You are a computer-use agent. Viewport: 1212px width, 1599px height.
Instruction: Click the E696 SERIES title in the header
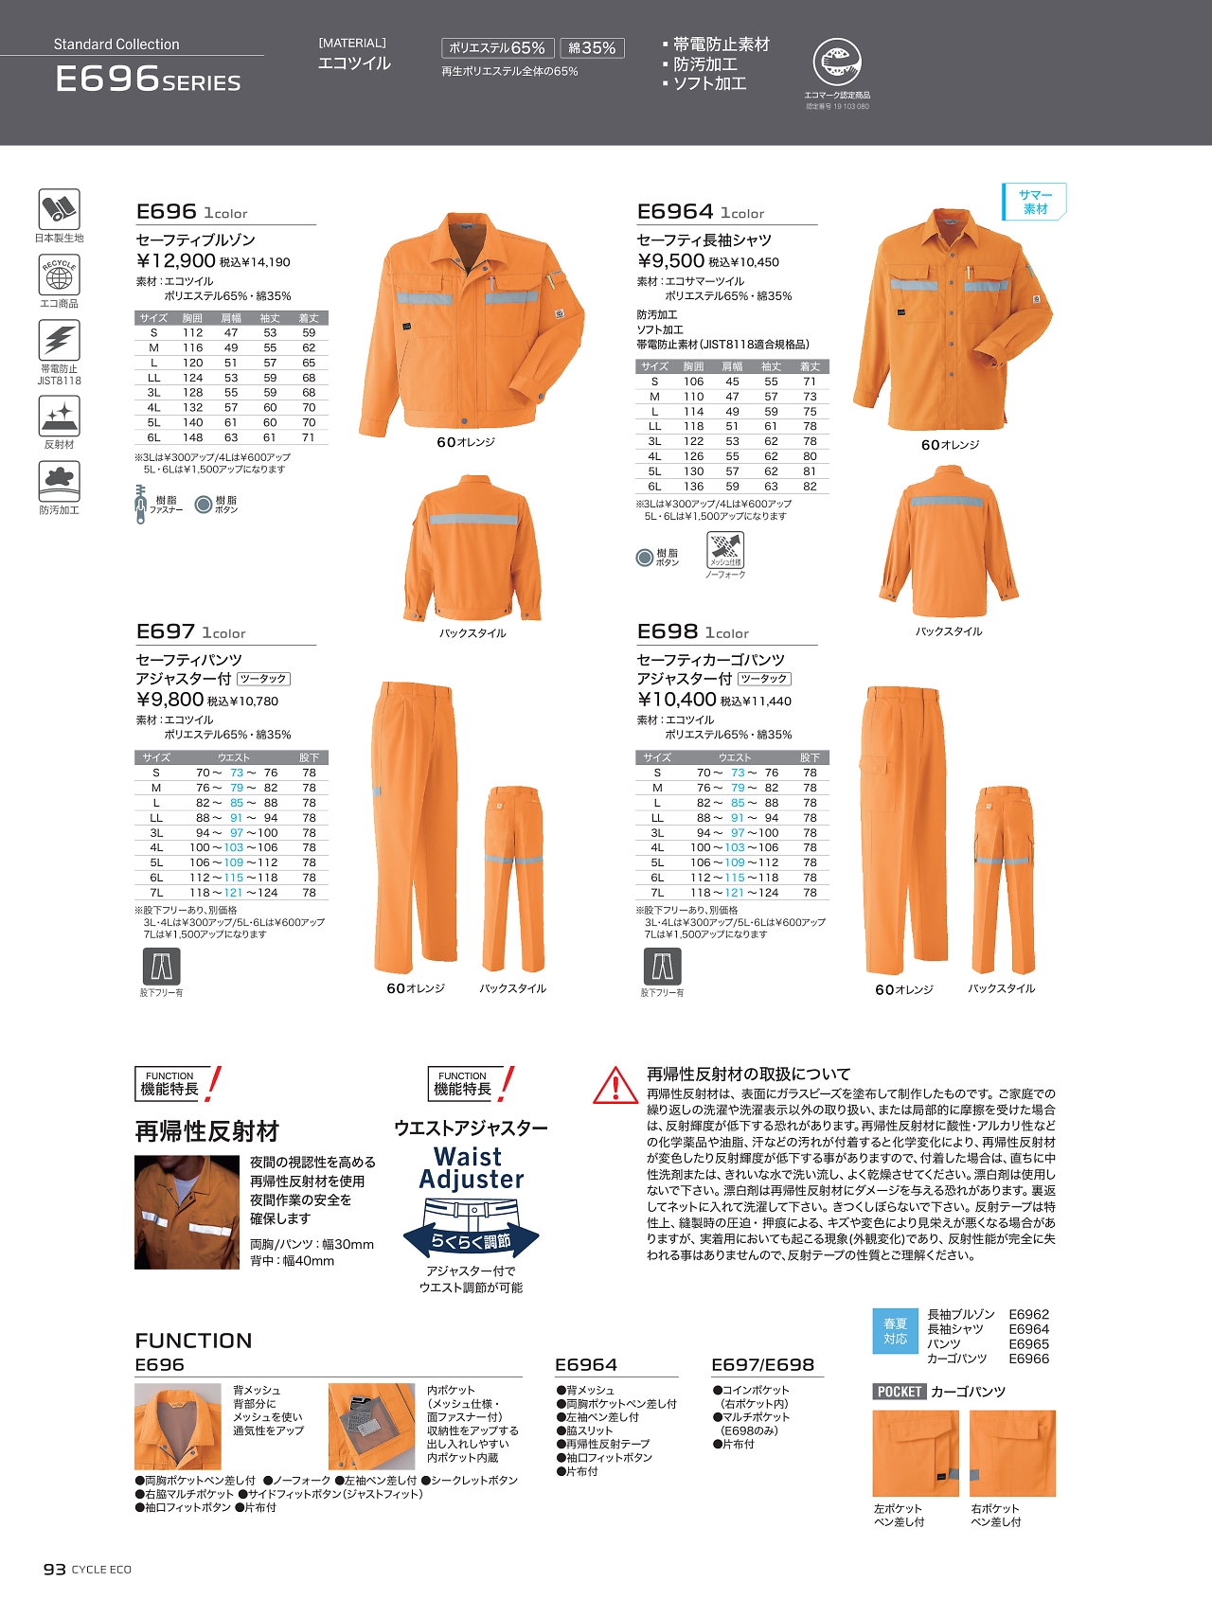[x=148, y=79]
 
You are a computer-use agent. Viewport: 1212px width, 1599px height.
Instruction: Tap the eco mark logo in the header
[x=837, y=63]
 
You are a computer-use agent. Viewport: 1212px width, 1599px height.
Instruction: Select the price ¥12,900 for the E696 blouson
[x=176, y=261]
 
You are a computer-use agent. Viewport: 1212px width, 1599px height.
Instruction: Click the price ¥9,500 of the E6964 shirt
[x=670, y=261]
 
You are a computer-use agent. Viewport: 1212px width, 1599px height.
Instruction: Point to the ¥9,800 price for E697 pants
[x=170, y=700]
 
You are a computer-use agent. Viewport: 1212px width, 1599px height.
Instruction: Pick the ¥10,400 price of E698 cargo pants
[x=676, y=700]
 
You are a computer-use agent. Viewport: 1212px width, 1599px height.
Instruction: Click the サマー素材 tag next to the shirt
[x=1035, y=201]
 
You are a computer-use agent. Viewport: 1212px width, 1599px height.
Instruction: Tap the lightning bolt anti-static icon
[x=59, y=340]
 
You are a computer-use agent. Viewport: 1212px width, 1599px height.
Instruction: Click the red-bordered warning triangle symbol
[x=615, y=1085]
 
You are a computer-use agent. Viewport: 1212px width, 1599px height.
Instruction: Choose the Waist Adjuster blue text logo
[x=471, y=1168]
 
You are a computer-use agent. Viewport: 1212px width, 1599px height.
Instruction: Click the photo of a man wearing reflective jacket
[x=187, y=1212]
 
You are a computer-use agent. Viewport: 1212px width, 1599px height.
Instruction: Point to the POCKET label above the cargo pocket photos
[x=899, y=1392]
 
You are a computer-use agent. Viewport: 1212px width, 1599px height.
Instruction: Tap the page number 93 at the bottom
[x=54, y=1569]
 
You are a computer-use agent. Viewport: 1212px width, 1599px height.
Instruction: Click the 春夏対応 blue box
[x=895, y=1331]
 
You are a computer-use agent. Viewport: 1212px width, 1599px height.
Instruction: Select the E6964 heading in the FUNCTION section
[x=586, y=1364]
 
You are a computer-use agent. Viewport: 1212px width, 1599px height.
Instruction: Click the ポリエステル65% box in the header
[x=496, y=48]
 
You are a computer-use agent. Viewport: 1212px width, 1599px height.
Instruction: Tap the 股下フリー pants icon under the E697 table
[x=161, y=967]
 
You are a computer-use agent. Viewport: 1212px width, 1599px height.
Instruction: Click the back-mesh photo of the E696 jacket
[x=178, y=1426]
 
